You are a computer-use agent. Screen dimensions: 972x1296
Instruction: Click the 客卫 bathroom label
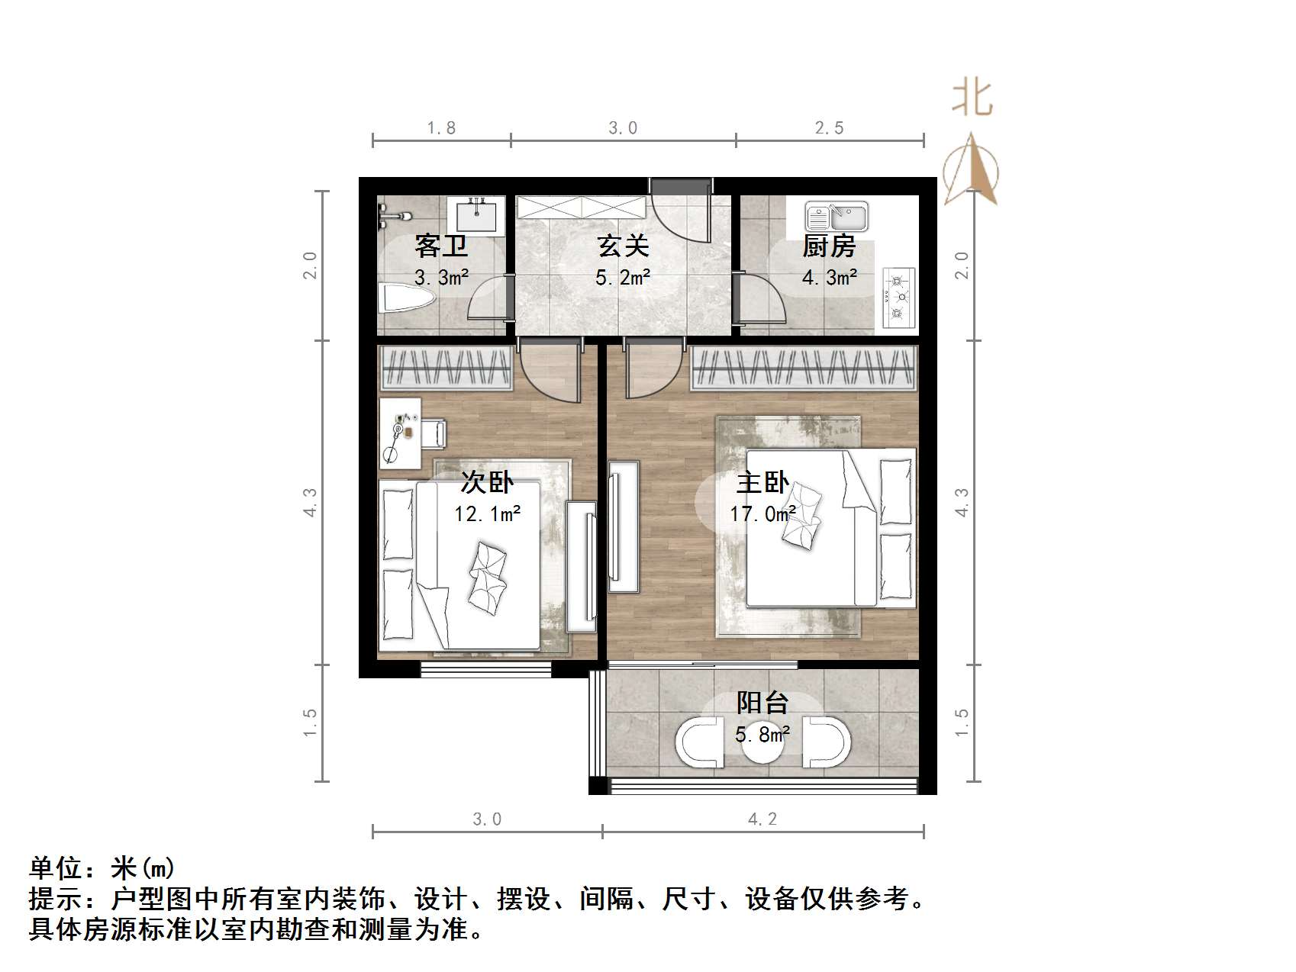point(441,246)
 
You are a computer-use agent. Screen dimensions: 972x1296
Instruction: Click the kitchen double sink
point(837,217)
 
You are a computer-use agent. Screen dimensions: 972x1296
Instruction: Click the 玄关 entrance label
point(623,246)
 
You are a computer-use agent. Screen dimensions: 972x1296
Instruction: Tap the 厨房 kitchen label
point(829,246)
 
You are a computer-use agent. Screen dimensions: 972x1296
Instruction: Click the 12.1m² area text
point(487,514)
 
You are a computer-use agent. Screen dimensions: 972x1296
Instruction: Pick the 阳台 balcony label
point(762,703)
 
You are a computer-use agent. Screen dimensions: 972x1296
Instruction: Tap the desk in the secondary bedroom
point(400,433)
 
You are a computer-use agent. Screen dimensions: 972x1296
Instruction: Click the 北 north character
point(972,99)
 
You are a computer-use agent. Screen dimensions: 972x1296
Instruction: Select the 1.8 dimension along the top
point(441,128)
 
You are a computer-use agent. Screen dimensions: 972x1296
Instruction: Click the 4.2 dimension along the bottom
point(762,819)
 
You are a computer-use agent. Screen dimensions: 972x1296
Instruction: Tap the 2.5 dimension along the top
point(829,128)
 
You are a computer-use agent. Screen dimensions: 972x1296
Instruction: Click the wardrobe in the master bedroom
point(803,369)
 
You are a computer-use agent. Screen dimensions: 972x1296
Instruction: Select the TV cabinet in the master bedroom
point(624,526)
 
